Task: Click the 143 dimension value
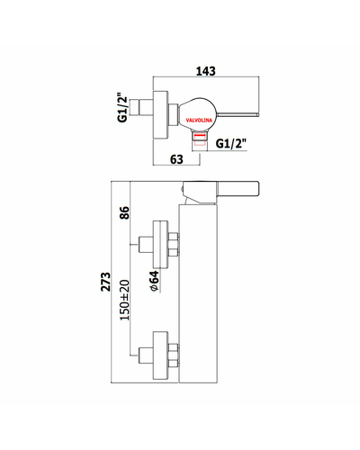(x=206, y=71)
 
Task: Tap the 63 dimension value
(x=176, y=159)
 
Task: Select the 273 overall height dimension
(x=105, y=282)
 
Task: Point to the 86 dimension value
(x=124, y=212)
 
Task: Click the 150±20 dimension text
(x=124, y=300)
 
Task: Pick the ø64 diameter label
(x=154, y=281)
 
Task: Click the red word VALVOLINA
(x=199, y=121)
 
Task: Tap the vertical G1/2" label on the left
(x=122, y=109)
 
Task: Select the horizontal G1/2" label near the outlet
(x=231, y=144)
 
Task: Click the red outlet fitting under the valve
(x=200, y=139)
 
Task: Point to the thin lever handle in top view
(x=238, y=114)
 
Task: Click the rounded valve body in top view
(x=197, y=114)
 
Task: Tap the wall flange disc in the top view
(x=161, y=114)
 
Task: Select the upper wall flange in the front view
(x=160, y=244)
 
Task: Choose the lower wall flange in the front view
(x=160, y=355)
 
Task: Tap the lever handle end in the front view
(x=238, y=188)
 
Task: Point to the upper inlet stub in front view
(x=146, y=245)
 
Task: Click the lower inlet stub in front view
(x=146, y=355)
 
